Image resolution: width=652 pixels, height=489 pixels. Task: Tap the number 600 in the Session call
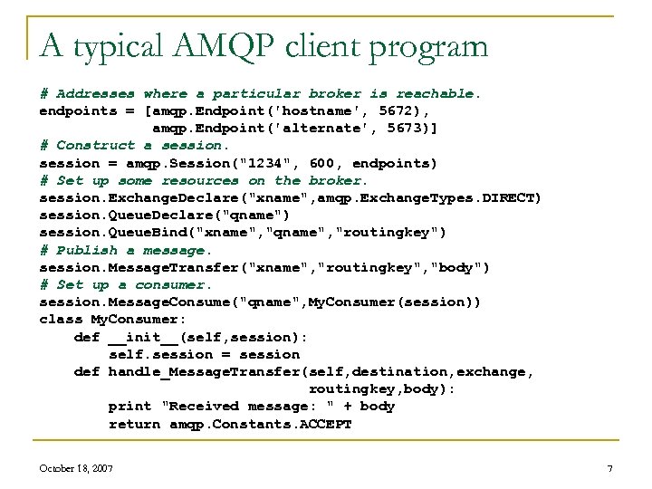tap(321, 163)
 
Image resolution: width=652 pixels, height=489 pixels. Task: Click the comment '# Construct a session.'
tap(135, 146)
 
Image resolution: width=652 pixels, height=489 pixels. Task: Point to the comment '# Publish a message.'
tap(126, 250)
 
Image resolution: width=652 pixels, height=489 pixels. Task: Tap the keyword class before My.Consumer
tap(61, 319)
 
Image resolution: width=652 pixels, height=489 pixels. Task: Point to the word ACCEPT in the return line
tap(325, 424)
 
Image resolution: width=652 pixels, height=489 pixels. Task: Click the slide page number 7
tap(610, 467)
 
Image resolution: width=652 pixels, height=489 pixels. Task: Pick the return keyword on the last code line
tap(134, 424)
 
